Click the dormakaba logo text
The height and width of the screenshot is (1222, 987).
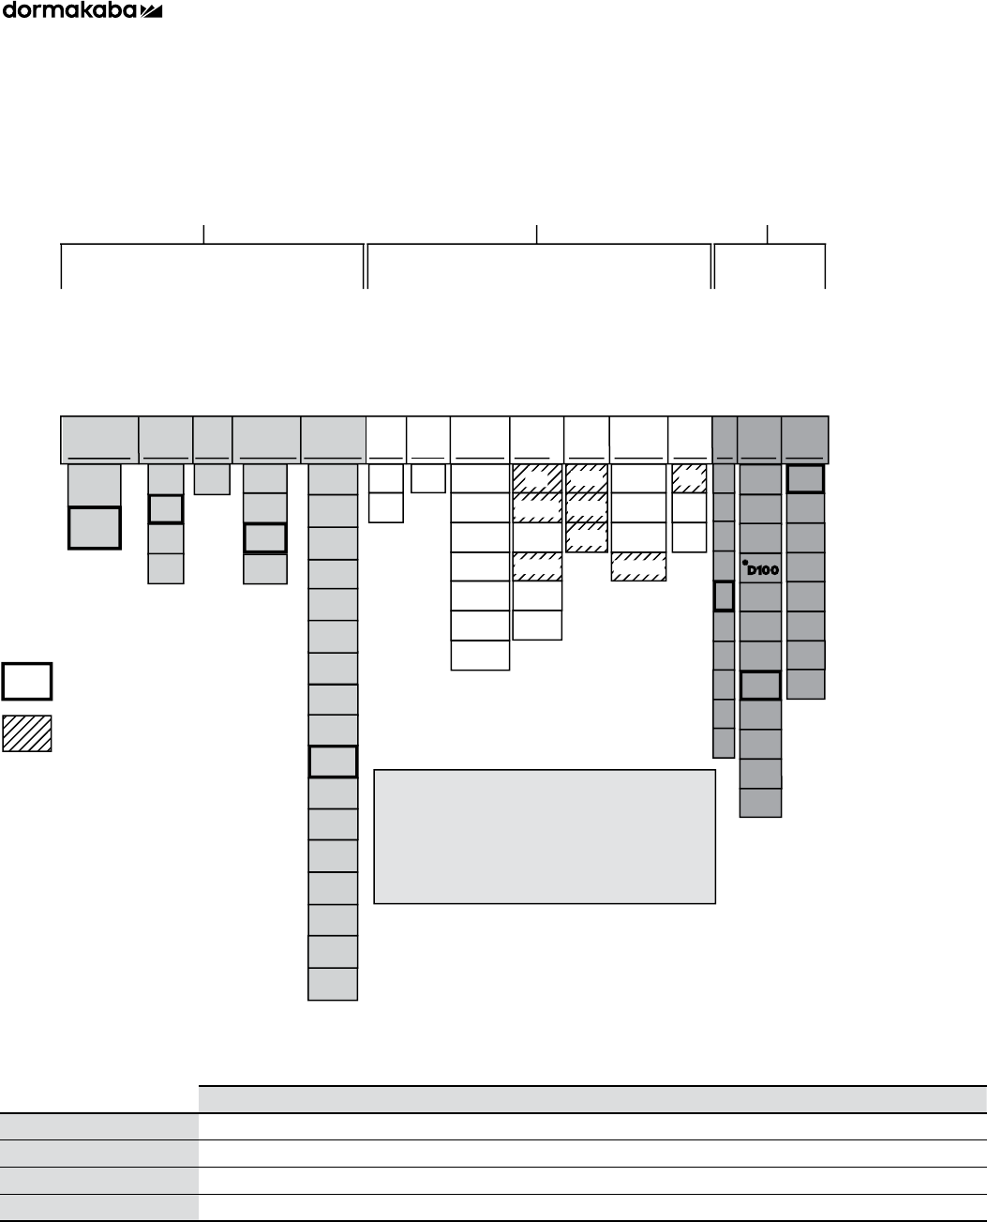click(x=69, y=11)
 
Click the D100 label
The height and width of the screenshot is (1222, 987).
click(x=763, y=570)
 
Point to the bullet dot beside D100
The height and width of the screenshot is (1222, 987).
click(x=744, y=563)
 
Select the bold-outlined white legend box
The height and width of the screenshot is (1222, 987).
click(x=26, y=682)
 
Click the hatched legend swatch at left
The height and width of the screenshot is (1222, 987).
click(x=26, y=733)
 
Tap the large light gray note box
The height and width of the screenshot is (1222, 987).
click(x=545, y=837)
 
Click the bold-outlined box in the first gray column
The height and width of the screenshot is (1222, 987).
click(x=95, y=528)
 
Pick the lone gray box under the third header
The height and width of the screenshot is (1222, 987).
click(x=212, y=479)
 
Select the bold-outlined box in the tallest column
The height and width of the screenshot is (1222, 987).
click(x=333, y=762)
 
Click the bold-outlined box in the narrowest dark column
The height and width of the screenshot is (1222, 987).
click(x=723, y=596)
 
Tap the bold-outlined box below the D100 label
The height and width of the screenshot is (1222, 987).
click(x=760, y=686)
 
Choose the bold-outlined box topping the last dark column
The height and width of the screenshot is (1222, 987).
click(x=805, y=479)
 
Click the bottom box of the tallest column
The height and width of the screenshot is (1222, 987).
click(x=333, y=985)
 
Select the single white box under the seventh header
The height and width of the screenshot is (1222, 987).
click(x=427, y=478)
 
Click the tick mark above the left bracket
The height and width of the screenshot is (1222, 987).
click(x=204, y=234)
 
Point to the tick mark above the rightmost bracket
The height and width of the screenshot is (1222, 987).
click(x=768, y=234)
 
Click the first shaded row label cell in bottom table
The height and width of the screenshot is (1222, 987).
click(x=98, y=1126)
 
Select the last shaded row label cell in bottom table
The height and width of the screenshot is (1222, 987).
click(x=98, y=1207)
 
